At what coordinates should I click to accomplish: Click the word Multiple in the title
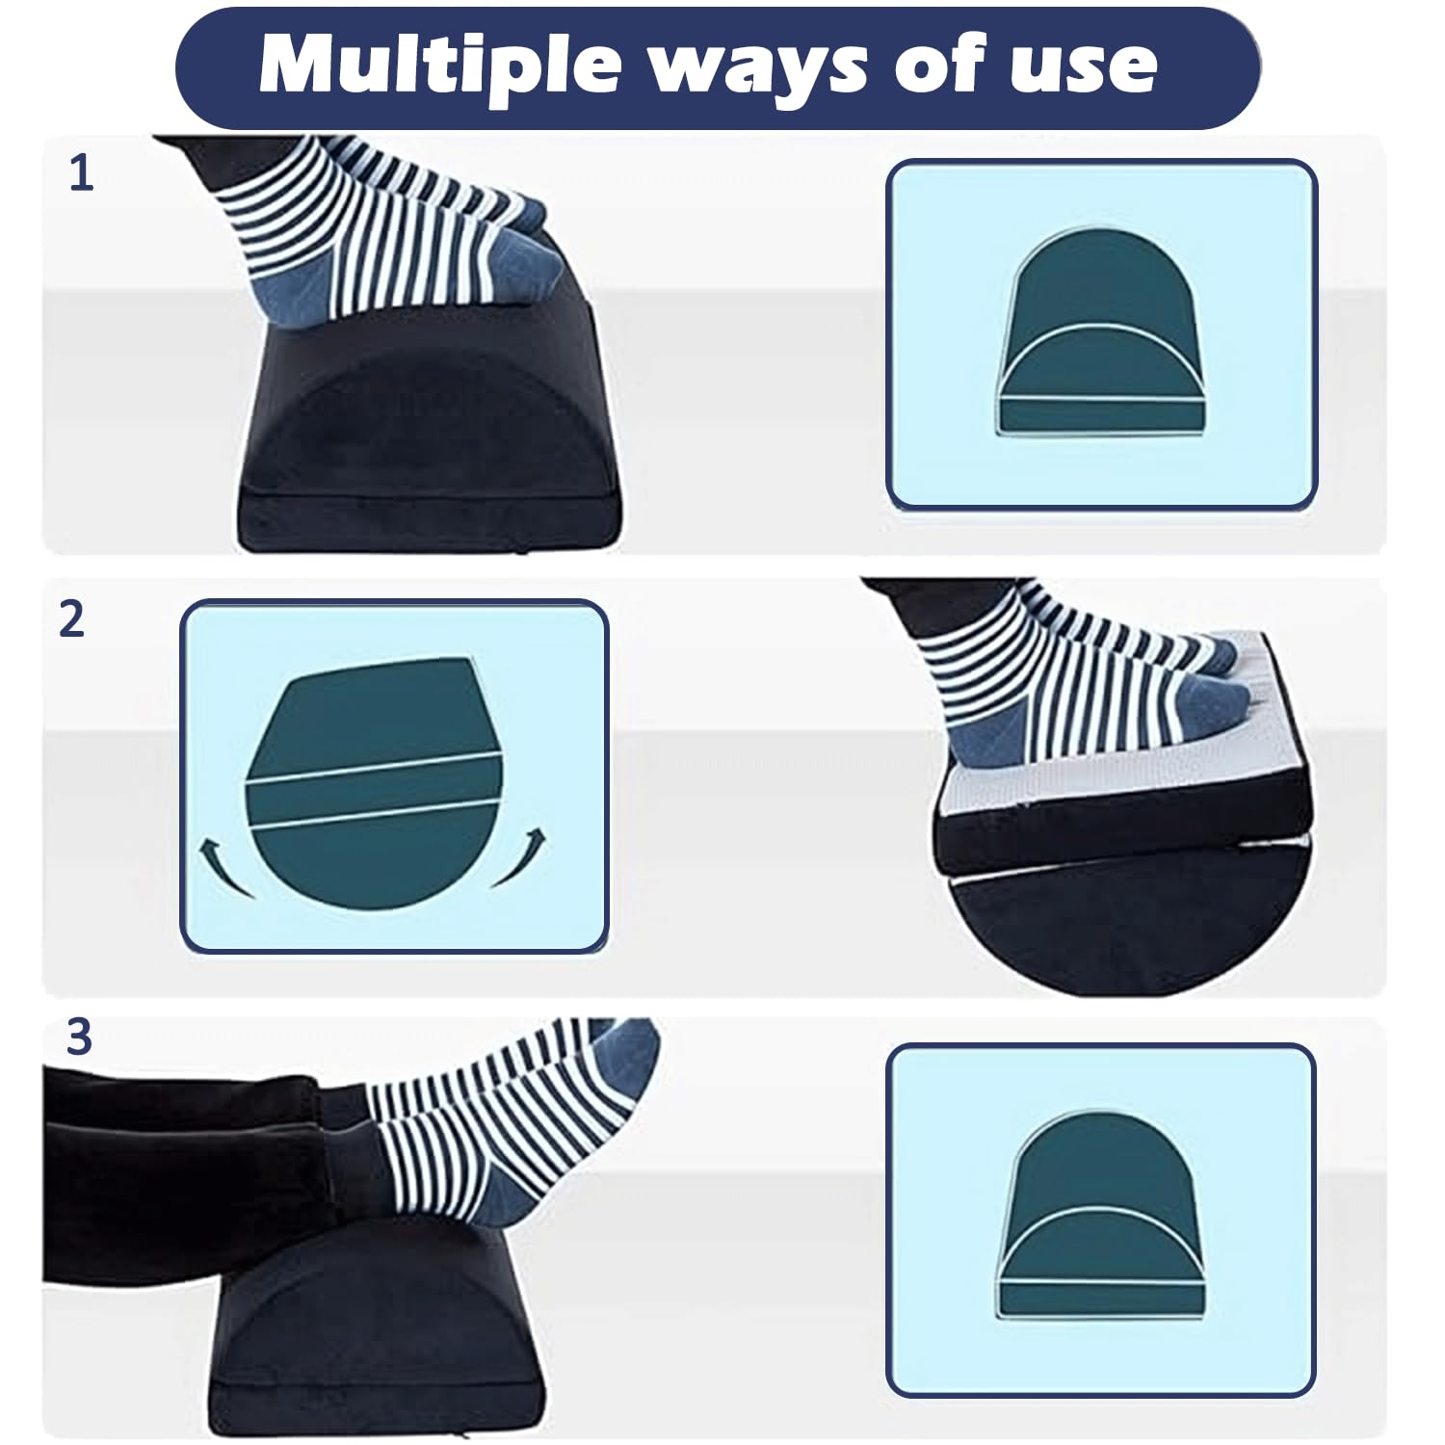438,65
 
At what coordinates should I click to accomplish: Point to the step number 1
82,174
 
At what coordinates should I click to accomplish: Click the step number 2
72,619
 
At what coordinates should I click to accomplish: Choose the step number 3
79,1038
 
